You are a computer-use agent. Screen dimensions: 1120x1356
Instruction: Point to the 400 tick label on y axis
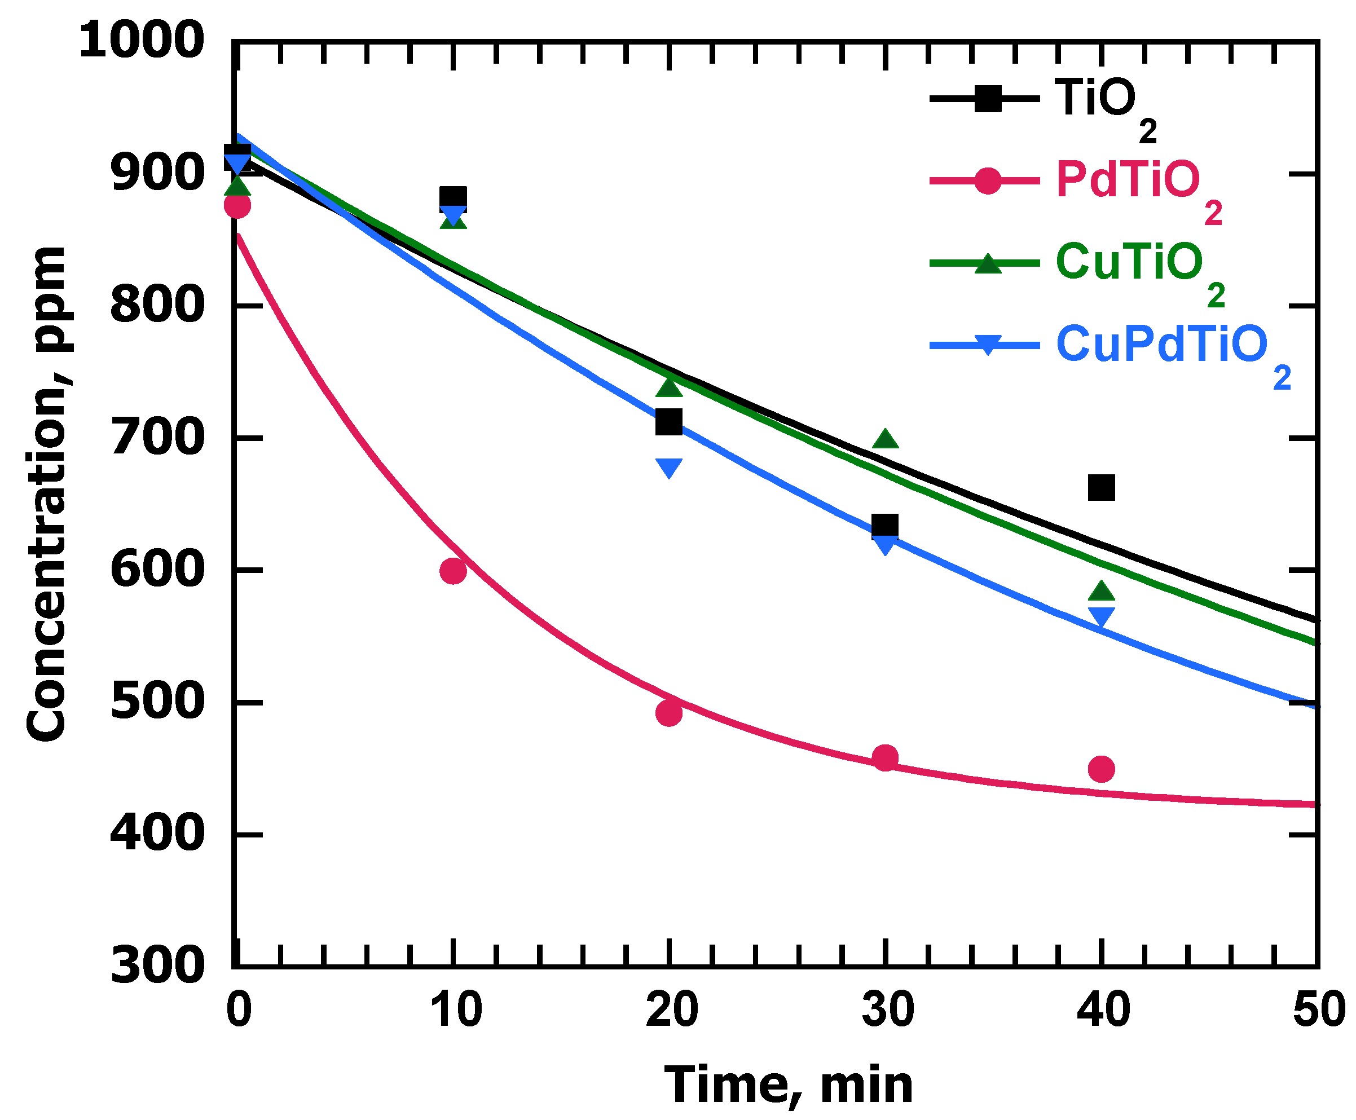(157, 834)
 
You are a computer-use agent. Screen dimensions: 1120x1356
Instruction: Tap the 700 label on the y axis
(157, 439)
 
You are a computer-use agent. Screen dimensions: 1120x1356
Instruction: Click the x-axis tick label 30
(887, 1011)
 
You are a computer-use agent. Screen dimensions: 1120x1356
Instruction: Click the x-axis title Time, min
(788, 1086)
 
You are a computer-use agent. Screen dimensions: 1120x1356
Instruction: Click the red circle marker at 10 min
(453, 570)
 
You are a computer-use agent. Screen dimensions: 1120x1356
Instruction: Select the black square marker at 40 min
(1101, 488)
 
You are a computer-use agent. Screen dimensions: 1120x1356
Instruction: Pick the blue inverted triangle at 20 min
(668, 466)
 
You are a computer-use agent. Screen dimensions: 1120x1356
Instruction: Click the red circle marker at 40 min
(1101, 769)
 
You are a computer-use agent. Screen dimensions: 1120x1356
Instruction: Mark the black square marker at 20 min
(668, 422)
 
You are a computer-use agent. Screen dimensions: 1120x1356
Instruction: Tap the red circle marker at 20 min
(668, 713)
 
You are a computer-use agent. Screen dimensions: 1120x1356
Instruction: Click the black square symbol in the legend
(988, 99)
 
